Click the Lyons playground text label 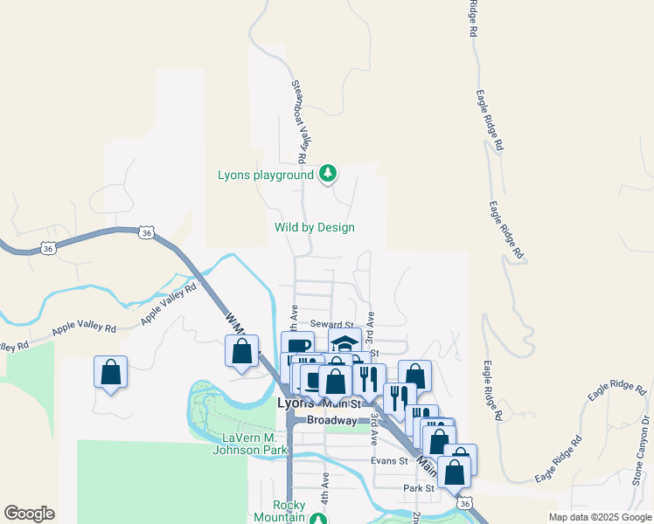point(265,175)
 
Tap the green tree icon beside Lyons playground point(328,174)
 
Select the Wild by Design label point(315,228)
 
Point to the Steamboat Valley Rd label point(297,122)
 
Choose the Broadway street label point(332,420)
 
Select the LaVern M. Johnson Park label point(250,444)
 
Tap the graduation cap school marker point(345,341)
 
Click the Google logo point(29,514)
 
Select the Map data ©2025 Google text point(600,517)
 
